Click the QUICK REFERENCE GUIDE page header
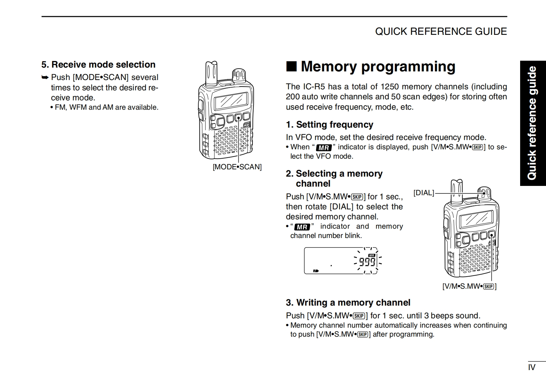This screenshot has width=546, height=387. click(441, 31)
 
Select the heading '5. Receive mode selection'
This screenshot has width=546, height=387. click(98, 64)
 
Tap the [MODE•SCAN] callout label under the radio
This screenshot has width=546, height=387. click(237, 167)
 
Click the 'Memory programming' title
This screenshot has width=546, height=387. click(378, 66)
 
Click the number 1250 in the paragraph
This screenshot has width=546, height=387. click(390, 87)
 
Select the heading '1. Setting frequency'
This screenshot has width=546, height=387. click(329, 125)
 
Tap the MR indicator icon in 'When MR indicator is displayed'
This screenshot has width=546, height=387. click(324, 148)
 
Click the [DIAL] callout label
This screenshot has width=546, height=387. click(424, 193)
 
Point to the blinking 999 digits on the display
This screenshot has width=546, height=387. click(367, 262)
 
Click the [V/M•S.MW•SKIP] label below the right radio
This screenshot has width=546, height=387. click(469, 286)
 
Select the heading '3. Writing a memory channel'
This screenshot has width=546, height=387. click(348, 302)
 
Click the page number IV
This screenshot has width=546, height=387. click(532, 367)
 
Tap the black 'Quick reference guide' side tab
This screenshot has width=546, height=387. click(533, 123)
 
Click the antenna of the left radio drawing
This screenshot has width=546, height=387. click(210, 73)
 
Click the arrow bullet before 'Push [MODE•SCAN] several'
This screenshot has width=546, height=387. click(45, 77)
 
